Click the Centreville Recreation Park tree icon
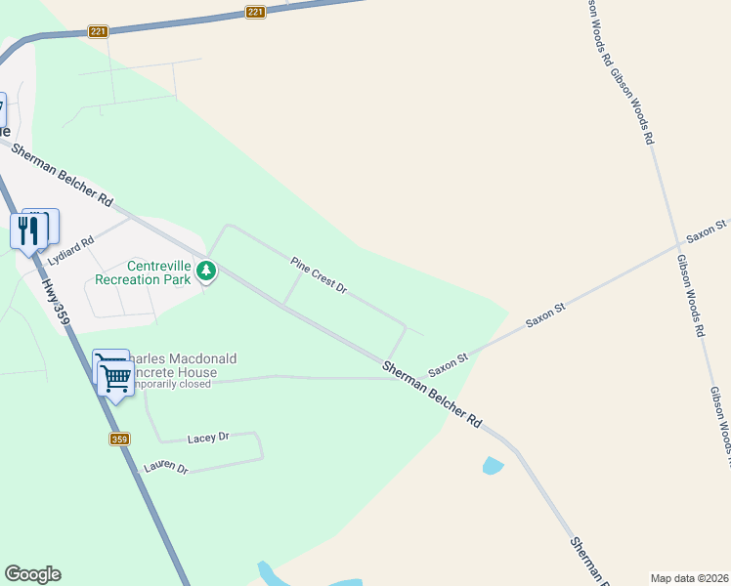point(206,271)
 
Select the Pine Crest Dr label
point(319,274)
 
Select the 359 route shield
point(119,439)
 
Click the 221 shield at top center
point(255,12)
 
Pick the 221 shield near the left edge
point(98,31)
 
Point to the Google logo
point(32,574)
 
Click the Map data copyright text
point(689,578)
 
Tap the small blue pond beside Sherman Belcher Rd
point(494,466)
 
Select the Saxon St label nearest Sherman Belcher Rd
point(449,366)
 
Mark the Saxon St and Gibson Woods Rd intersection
point(678,244)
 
